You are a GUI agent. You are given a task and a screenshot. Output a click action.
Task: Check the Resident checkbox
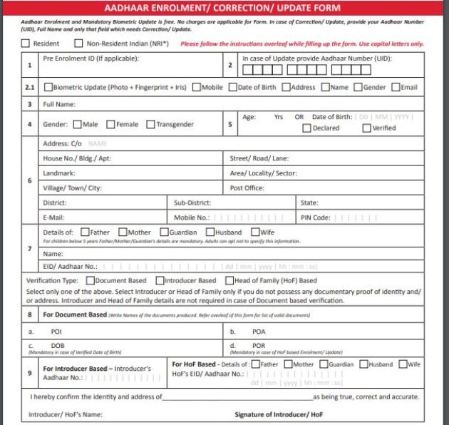click(x=26, y=43)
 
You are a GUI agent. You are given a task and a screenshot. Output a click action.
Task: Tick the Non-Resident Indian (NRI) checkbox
click(x=79, y=43)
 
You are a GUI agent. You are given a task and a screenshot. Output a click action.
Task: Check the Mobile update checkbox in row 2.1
click(x=196, y=88)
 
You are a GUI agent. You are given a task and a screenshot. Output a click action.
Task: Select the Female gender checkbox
click(x=110, y=125)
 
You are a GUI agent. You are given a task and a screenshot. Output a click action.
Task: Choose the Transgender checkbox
click(x=150, y=125)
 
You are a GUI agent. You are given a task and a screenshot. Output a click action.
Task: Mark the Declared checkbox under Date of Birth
click(x=307, y=128)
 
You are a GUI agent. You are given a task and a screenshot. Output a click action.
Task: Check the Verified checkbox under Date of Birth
click(x=366, y=128)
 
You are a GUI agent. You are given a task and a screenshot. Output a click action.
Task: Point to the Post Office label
click(x=247, y=188)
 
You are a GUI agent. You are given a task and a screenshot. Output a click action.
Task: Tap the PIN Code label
click(x=314, y=217)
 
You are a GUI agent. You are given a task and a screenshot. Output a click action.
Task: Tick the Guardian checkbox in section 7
click(x=164, y=232)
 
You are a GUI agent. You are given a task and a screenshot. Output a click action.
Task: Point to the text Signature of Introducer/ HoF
click(x=277, y=414)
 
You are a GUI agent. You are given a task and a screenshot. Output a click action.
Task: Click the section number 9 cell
click(x=29, y=372)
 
